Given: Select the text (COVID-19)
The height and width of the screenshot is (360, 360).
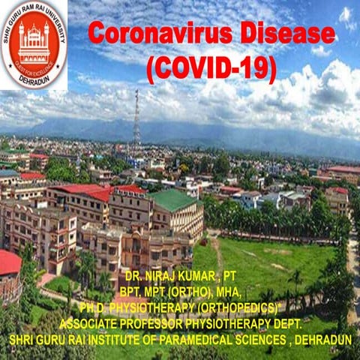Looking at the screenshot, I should point(211,69).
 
